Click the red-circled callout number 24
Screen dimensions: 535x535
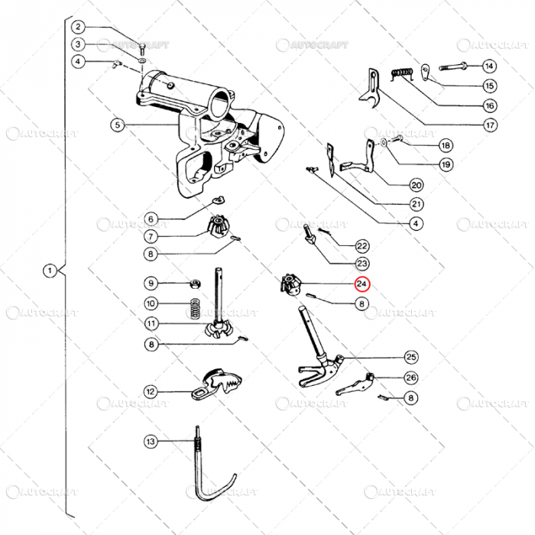click(x=362, y=284)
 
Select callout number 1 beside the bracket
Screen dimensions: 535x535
click(x=50, y=271)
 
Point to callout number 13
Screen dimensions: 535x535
click(x=151, y=441)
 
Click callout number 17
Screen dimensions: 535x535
click(x=489, y=125)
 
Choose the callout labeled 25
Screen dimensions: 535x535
click(x=411, y=357)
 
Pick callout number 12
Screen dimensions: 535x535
click(x=151, y=392)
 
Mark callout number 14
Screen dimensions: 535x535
click(x=489, y=66)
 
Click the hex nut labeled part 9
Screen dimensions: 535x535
click(x=195, y=284)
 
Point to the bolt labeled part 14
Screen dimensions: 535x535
click(x=452, y=66)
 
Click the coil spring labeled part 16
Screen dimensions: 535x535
click(x=403, y=74)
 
